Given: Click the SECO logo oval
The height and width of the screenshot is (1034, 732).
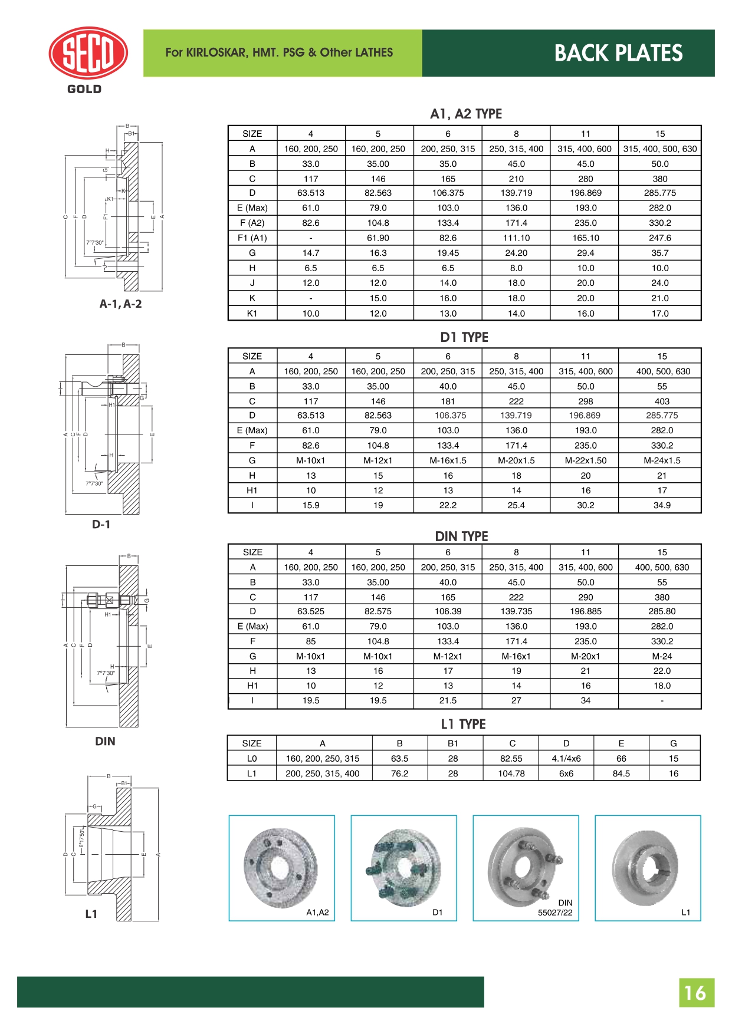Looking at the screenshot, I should tap(88, 53).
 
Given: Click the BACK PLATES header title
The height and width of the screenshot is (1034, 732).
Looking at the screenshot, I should tap(618, 53).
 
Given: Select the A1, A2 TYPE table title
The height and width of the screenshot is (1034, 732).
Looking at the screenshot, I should tap(465, 114).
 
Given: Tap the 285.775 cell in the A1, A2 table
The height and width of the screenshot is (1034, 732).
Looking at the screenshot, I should tap(659, 193).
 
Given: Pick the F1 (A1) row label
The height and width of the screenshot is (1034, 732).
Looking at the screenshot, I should tap(252, 238).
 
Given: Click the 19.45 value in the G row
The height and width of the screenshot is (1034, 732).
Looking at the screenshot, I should tap(448, 253).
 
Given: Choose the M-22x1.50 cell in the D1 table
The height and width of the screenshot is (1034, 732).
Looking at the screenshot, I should tap(585, 460).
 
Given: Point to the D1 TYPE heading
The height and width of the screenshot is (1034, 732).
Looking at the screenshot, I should tap(464, 337).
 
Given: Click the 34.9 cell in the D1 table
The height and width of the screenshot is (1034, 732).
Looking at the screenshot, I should tap(662, 505).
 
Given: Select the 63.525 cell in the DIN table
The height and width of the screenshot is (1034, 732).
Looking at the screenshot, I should tap(311, 611).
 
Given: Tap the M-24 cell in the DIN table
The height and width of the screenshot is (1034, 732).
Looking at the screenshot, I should tap(662, 656).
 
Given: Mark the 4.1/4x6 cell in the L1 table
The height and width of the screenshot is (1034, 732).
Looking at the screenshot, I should tap(566, 759).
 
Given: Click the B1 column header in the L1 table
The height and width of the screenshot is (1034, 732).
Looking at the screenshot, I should tap(452, 743).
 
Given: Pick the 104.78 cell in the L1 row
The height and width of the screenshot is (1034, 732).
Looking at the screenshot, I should tap(511, 773).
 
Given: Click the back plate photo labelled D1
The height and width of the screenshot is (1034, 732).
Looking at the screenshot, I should tap(403, 867).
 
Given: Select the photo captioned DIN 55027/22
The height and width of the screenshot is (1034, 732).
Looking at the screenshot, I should tap(526, 867).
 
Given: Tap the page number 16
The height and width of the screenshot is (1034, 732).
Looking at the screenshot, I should tap(695, 993).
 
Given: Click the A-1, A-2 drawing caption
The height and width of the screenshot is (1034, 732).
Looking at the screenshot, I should tap(120, 304).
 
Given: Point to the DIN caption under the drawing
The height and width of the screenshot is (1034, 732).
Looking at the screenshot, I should tap(105, 742).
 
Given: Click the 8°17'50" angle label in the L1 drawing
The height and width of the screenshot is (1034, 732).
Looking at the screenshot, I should tap(82, 838).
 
